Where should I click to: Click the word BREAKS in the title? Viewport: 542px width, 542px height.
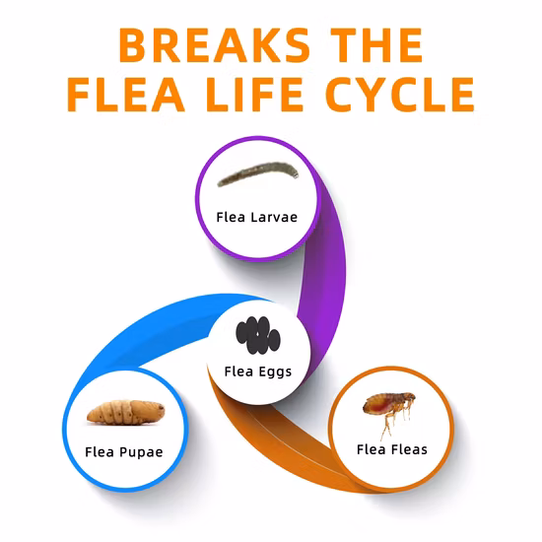click(214, 45)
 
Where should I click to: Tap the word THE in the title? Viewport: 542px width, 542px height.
click(376, 45)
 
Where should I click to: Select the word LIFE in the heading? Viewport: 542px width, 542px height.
click(255, 95)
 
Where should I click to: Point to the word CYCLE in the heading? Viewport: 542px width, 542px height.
click(400, 95)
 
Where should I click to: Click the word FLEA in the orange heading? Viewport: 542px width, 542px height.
click(126, 95)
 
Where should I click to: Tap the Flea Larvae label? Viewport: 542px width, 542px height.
click(257, 217)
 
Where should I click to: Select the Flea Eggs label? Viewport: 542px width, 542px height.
click(258, 372)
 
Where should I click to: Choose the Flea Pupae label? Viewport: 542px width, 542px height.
click(124, 452)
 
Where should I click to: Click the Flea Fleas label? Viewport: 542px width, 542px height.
click(392, 449)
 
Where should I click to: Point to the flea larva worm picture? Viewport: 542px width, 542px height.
click(258, 173)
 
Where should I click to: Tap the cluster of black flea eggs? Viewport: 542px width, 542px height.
click(258, 335)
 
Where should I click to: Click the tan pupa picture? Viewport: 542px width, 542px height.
click(126, 412)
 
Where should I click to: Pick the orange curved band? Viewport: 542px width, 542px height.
click(277, 445)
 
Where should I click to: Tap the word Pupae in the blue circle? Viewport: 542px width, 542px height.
click(141, 452)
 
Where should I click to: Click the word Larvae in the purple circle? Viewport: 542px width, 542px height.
click(274, 217)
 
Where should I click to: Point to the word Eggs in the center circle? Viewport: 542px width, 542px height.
click(275, 373)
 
